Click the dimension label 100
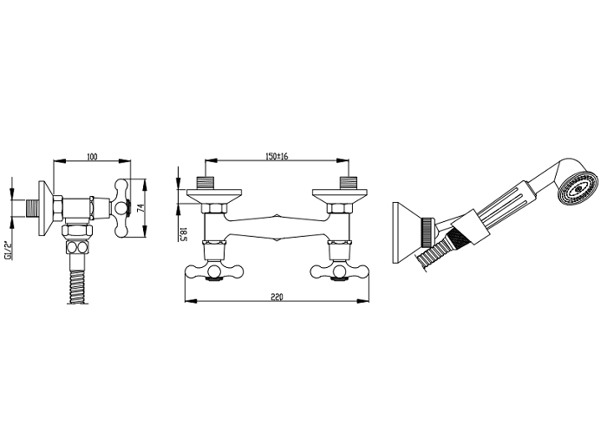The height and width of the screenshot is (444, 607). pos(92,156)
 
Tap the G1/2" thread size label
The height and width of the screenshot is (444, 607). pos(7,250)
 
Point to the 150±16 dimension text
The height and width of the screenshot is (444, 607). pos(277,156)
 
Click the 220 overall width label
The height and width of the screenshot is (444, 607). pos(277,297)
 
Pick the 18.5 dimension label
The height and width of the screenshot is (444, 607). pos(183,234)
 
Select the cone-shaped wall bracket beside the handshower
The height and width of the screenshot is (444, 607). pos(408,232)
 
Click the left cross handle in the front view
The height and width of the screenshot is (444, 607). pos(212,271)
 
